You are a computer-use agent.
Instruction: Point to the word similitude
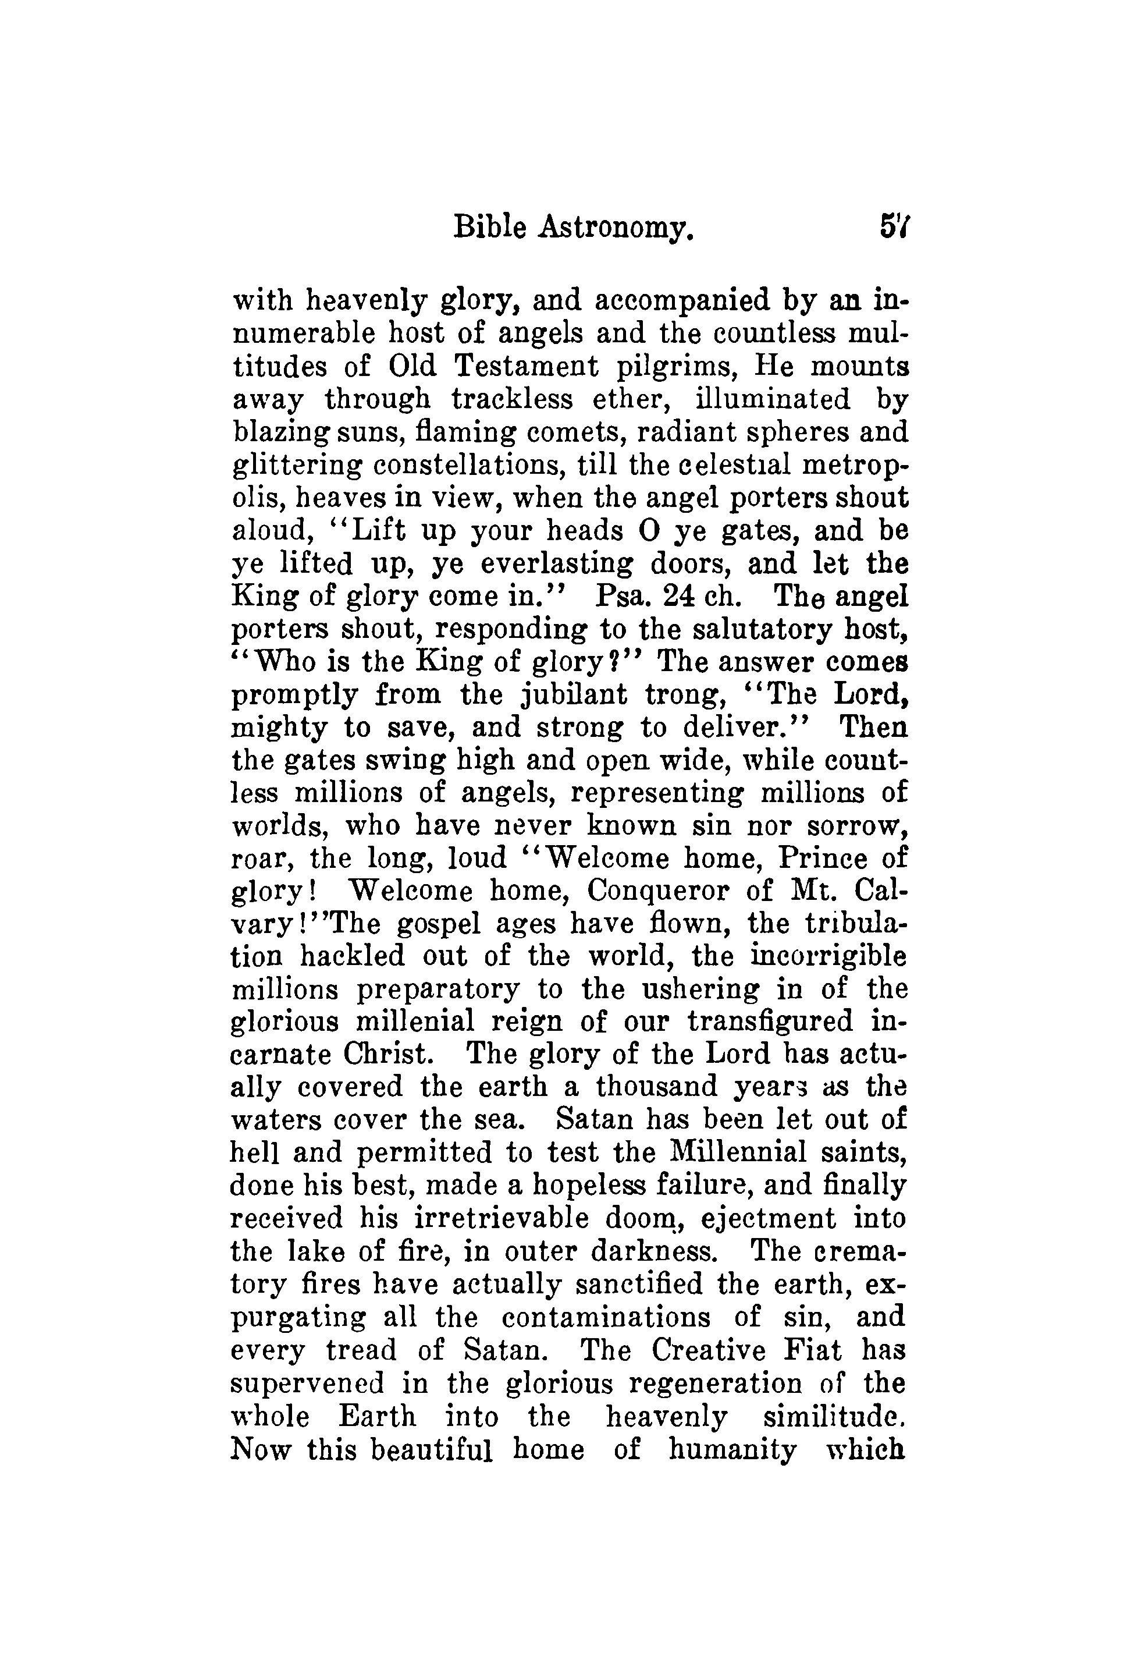(x=833, y=1417)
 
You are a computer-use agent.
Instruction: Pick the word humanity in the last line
(x=732, y=1450)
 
